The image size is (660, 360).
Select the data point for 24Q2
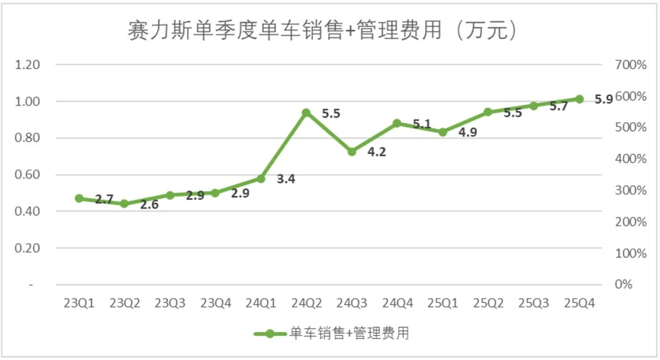click(306, 112)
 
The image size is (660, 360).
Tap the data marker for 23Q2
click(124, 204)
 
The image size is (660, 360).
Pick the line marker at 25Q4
click(579, 99)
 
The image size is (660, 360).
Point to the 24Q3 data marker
click(351, 152)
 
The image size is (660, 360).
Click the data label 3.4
click(286, 180)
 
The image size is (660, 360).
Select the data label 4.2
click(376, 152)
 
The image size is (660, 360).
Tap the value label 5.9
click(603, 99)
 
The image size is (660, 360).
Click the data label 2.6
click(149, 205)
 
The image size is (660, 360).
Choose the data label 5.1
click(422, 124)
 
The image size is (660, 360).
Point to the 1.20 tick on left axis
click(28, 65)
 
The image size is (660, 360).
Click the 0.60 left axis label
click(28, 175)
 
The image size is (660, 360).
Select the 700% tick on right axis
click(630, 65)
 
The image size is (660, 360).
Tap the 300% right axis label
click(630, 190)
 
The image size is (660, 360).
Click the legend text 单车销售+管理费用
click(349, 333)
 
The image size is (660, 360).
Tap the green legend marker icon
click(269, 334)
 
